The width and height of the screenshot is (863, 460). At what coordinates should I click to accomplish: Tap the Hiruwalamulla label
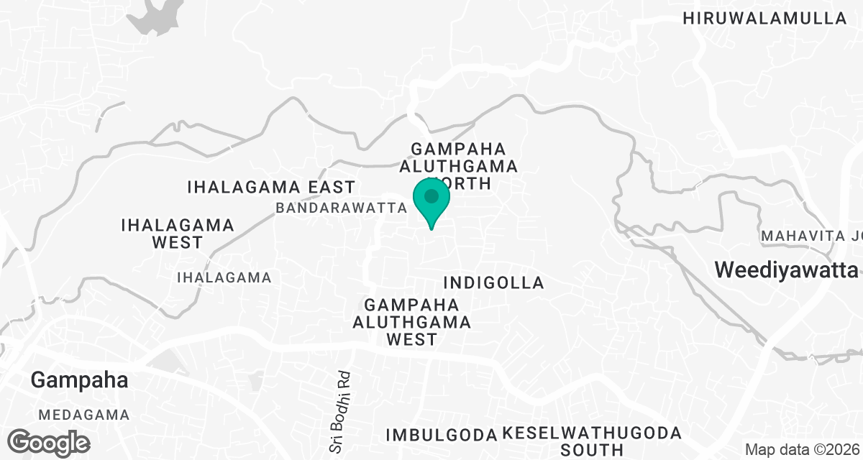pos(765,19)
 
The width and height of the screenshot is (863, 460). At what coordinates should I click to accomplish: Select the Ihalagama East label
pos(271,188)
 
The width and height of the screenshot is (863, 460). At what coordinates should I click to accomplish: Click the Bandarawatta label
pos(342,208)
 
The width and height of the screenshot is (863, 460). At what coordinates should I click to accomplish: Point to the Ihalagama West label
pos(178,233)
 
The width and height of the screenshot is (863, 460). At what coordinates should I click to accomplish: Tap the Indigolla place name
pos(494,282)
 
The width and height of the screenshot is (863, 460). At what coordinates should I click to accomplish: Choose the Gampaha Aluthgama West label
pos(411,321)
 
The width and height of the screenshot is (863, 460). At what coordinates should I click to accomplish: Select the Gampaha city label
pos(79,380)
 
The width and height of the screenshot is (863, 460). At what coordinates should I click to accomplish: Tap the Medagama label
pos(84,415)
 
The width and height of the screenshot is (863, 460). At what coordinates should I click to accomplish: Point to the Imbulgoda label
pos(442,435)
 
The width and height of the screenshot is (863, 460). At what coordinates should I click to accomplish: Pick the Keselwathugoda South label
pos(591,441)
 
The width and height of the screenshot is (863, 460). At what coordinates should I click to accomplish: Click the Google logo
pos(50,441)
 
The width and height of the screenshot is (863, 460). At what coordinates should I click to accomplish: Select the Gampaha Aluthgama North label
pos(464,165)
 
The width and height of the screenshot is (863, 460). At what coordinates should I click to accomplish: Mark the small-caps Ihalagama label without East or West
pos(224,277)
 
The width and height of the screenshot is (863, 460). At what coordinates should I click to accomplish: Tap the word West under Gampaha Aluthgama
pos(411,339)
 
